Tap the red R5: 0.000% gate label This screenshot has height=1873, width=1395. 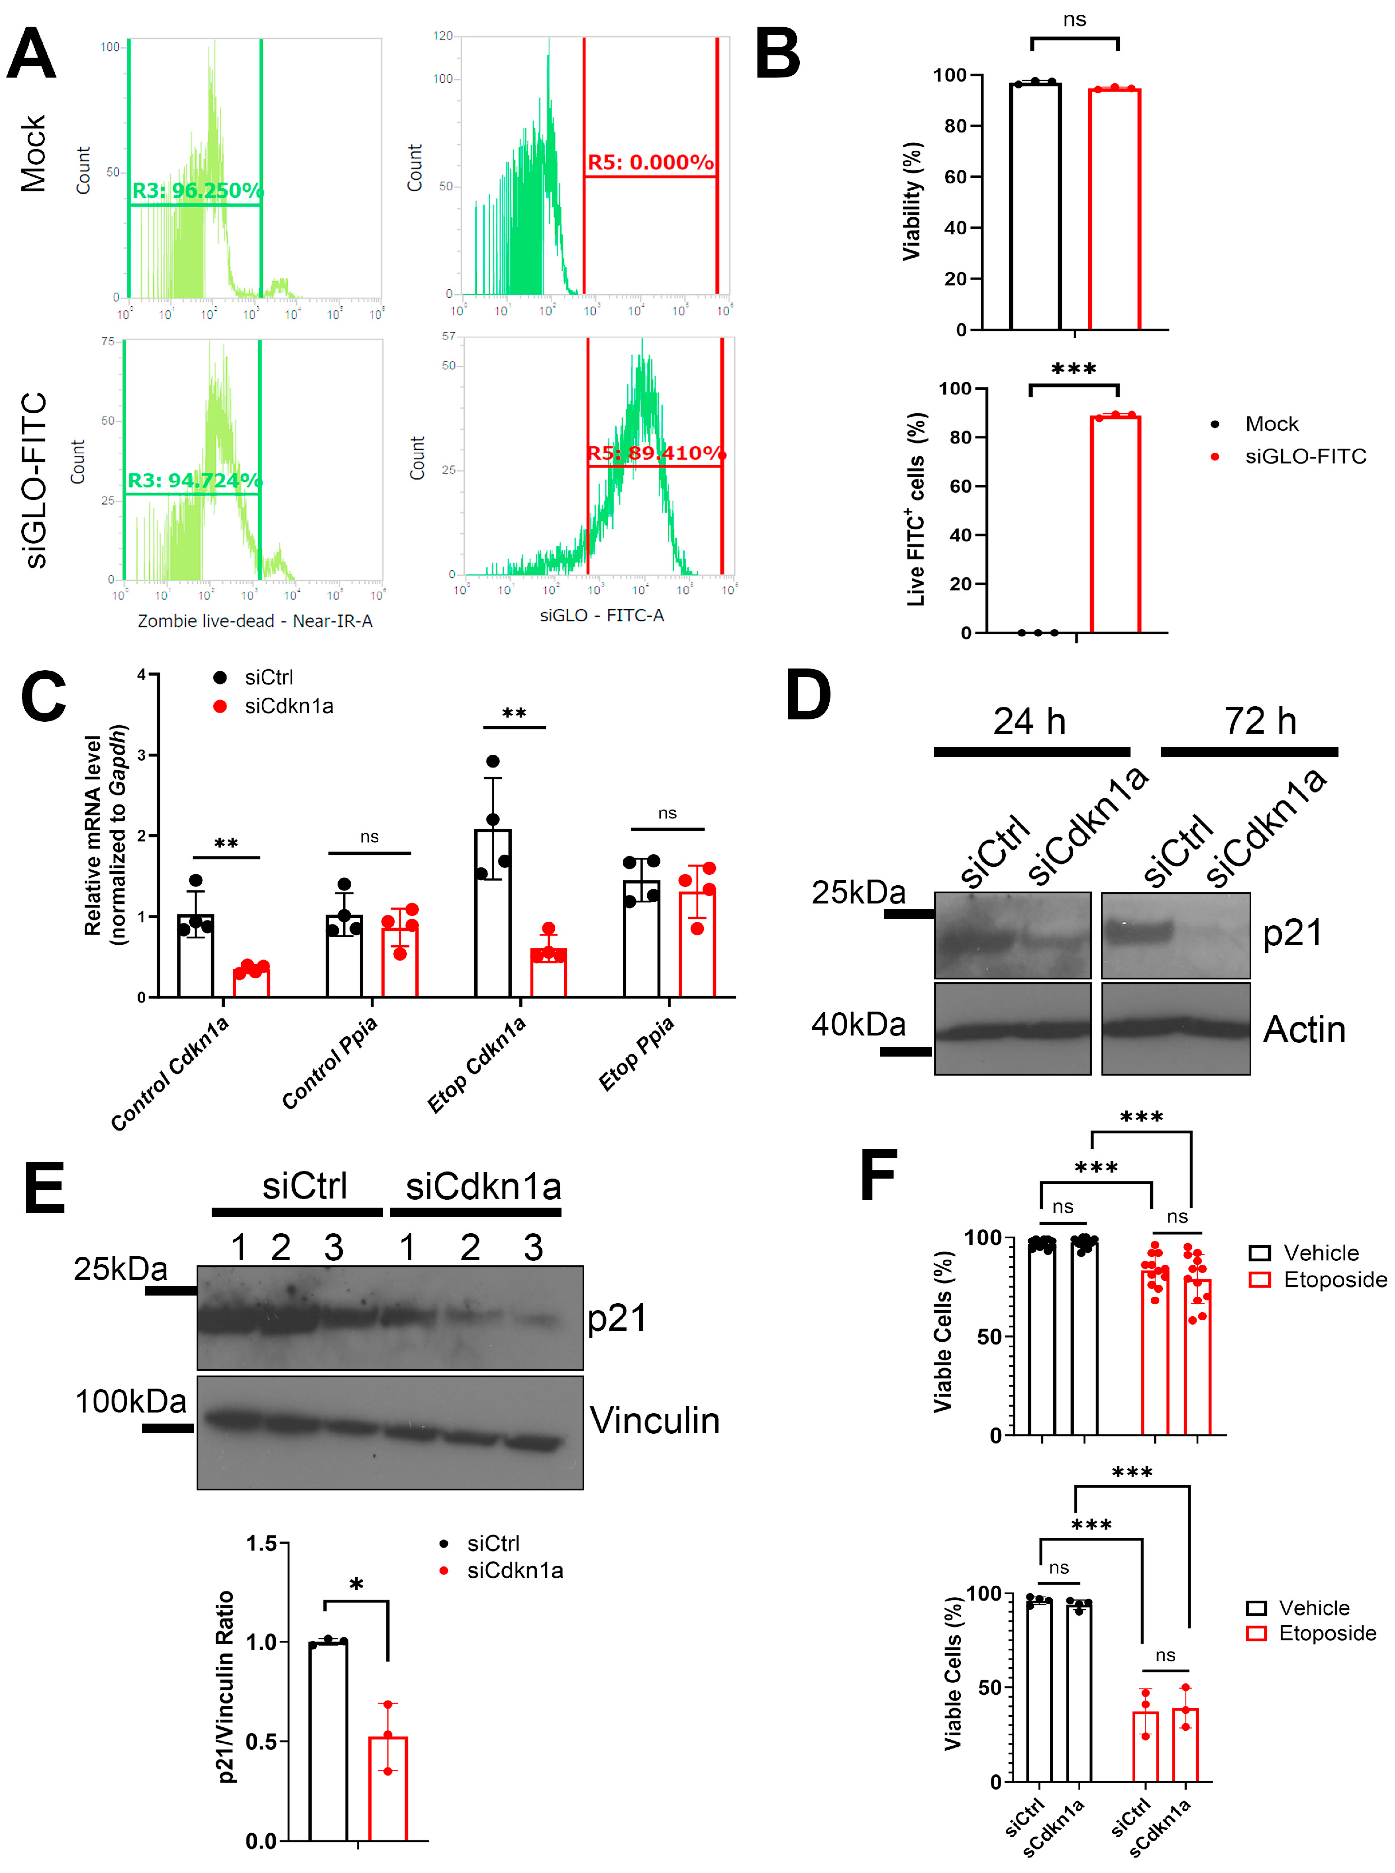point(650,162)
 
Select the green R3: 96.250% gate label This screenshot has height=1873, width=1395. point(196,191)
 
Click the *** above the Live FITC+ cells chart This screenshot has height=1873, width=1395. point(1073,369)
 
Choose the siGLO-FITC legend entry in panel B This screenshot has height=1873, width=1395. point(1305,457)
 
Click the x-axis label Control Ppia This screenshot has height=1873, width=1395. point(329,1062)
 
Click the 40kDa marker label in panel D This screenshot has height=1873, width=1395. point(858,1024)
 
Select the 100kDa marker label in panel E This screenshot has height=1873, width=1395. point(130,1402)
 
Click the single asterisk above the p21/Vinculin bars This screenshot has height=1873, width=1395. point(356,1585)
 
